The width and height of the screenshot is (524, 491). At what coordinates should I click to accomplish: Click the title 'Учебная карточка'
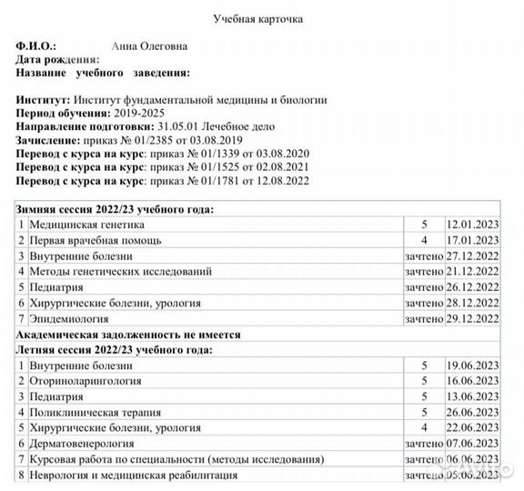click(258, 18)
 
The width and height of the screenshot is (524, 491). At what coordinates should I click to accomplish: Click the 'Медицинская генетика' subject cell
click(86, 224)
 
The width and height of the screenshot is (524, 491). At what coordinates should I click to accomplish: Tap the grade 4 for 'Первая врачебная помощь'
click(423, 240)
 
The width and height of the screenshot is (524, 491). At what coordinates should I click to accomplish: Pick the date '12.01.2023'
click(473, 224)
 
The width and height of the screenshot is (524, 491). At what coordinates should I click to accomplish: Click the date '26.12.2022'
click(473, 286)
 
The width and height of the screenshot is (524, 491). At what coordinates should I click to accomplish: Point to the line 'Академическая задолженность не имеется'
click(129, 335)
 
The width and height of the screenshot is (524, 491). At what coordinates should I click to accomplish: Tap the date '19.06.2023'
click(473, 366)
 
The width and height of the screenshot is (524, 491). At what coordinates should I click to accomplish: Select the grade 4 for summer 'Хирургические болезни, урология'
click(423, 428)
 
